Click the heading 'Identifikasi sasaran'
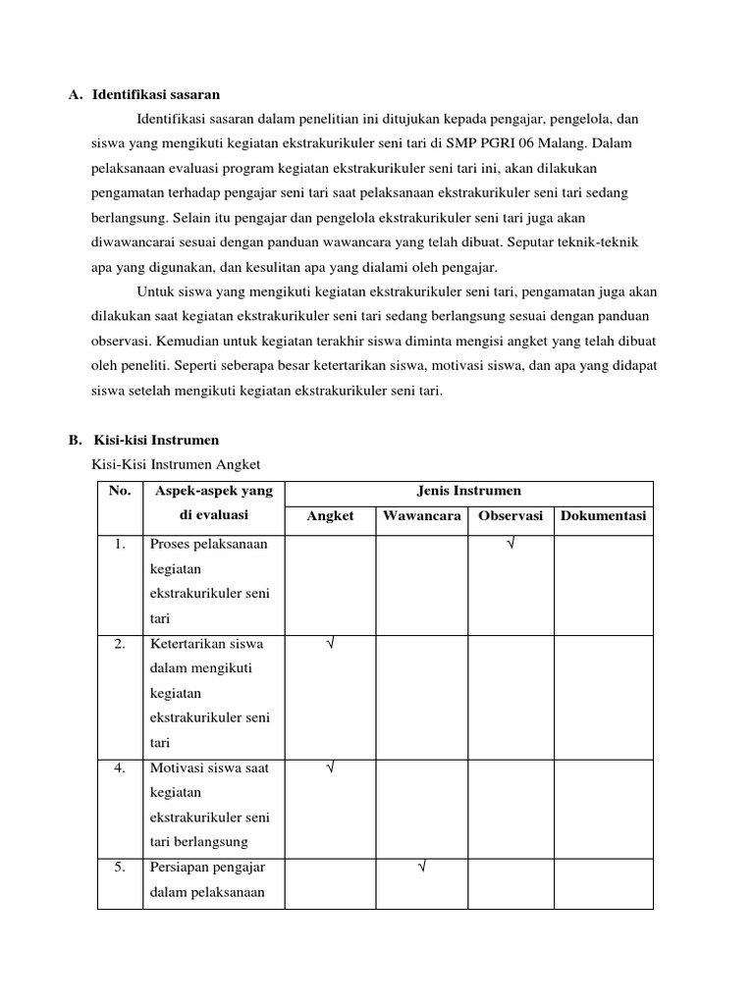tap(156, 95)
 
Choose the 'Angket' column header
tap(330, 516)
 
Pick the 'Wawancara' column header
tap(422, 516)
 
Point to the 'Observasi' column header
tap(511, 516)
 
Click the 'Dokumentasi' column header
tap(603, 516)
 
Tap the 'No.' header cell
tap(120, 491)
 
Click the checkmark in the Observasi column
tap(511, 544)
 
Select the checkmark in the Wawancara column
tap(421, 868)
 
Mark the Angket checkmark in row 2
tap(330, 644)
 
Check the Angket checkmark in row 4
tap(330, 768)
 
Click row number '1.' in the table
tap(120, 544)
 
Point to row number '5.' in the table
tap(120, 868)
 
